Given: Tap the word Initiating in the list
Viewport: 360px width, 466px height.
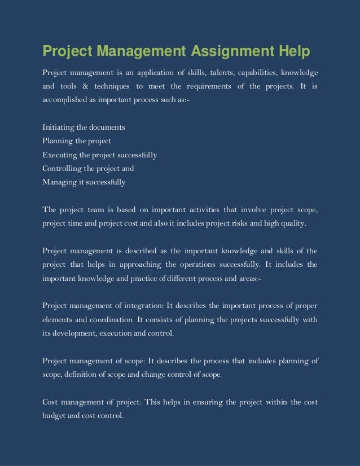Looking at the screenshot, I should point(58,127).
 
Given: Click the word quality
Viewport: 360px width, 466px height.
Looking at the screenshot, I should point(294,223).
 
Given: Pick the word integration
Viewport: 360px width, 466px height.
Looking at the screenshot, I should point(141,306).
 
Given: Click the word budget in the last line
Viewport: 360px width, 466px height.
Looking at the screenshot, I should point(55,415).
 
